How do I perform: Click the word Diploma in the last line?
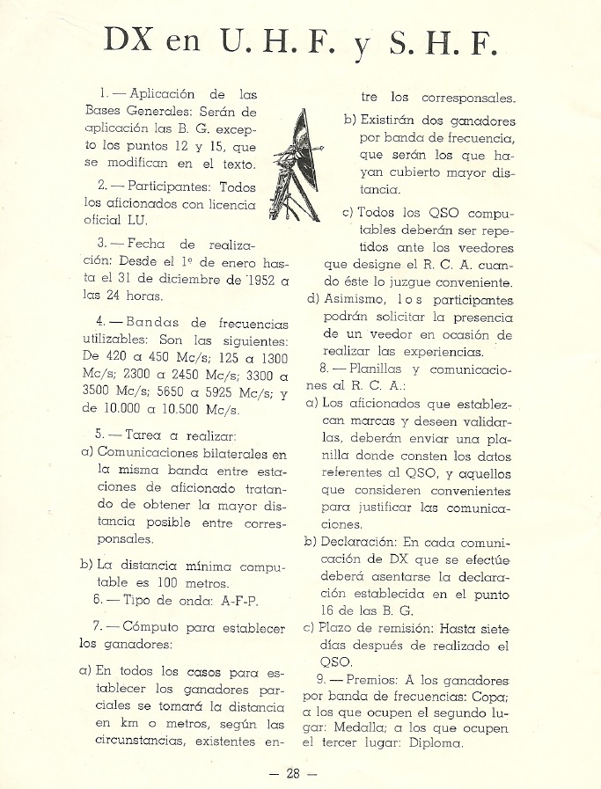[x=430, y=742]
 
